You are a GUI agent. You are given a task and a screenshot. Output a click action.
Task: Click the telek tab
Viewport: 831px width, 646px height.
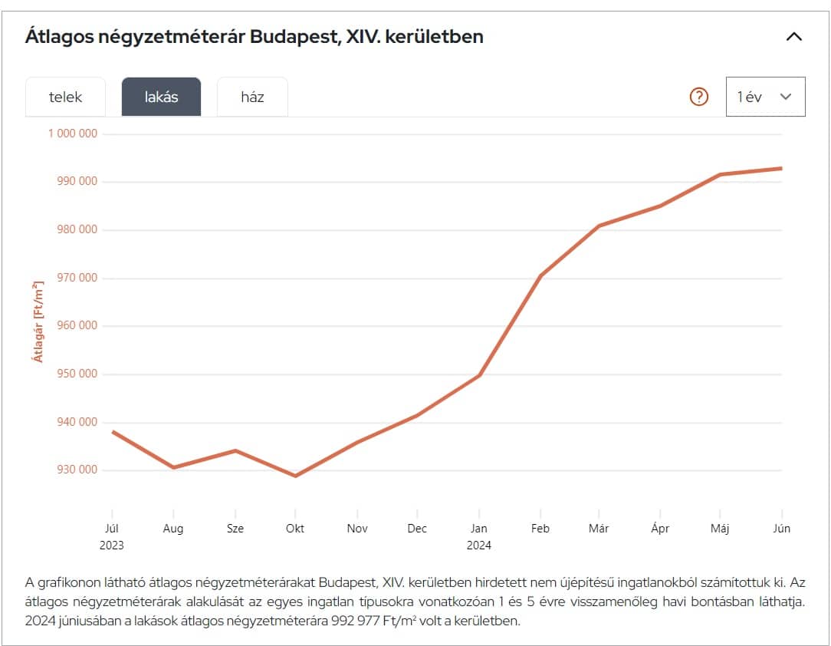(65, 97)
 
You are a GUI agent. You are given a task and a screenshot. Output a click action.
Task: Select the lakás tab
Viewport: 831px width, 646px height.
(161, 97)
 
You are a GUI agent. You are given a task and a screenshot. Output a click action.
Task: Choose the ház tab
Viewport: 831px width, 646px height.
(252, 97)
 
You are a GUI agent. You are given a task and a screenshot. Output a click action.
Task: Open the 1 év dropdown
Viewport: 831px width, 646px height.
(765, 97)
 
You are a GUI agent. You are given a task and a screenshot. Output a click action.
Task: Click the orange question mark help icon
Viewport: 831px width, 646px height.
(699, 97)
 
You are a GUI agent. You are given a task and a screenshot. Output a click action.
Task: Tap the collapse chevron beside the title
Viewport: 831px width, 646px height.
(794, 36)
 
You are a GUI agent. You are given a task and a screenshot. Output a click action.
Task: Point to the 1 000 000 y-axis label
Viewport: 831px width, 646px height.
(73, 133)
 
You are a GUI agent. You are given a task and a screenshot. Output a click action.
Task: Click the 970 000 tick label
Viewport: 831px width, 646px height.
(77, 278)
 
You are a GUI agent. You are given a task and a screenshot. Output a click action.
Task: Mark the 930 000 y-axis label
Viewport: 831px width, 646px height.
(77, 470)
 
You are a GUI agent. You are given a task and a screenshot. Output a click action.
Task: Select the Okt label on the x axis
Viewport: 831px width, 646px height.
(295, 529)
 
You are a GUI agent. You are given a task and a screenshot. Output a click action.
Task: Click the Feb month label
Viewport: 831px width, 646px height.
(540, 529)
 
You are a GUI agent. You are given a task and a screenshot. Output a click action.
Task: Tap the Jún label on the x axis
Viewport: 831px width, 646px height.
(781, 529)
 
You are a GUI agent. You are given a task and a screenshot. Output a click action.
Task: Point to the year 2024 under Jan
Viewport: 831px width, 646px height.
(479, 545)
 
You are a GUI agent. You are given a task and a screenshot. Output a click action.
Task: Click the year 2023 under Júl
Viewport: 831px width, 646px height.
(112, 545)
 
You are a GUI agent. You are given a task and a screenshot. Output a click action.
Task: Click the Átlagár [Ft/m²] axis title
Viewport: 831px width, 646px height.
(38, 321)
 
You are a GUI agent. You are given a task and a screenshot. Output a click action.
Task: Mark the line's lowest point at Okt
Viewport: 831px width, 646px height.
(295, 476)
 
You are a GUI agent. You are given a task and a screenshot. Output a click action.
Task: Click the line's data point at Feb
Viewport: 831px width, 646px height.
(540, 275)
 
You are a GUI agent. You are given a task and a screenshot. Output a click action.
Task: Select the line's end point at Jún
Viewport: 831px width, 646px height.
(781, 168)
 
